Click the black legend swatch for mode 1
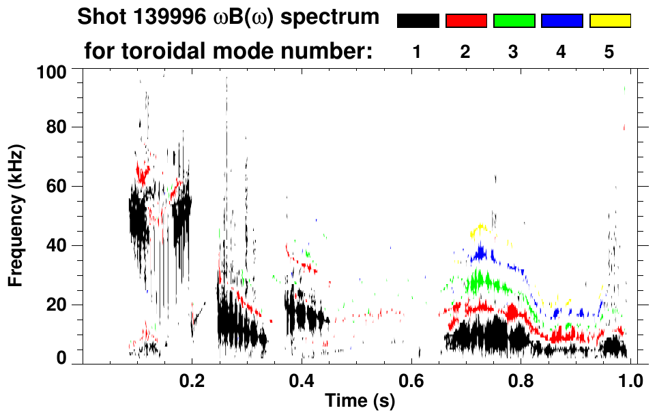pyautogui.click(x=418, y=21)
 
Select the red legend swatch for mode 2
pyautogui.click(x=466, y=21)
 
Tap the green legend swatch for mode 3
pyautogui.click(x=514, y=21)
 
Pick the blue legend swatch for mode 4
pyautogui.click(x=561, y=21)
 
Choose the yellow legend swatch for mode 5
pyautogui.click(x=610, y=21)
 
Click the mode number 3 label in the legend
pyautogui.click(x=513, y=52)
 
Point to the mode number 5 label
pyautogui.click(x=609, y=52)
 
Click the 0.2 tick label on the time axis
pyautogui.click(x=192, y=380)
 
